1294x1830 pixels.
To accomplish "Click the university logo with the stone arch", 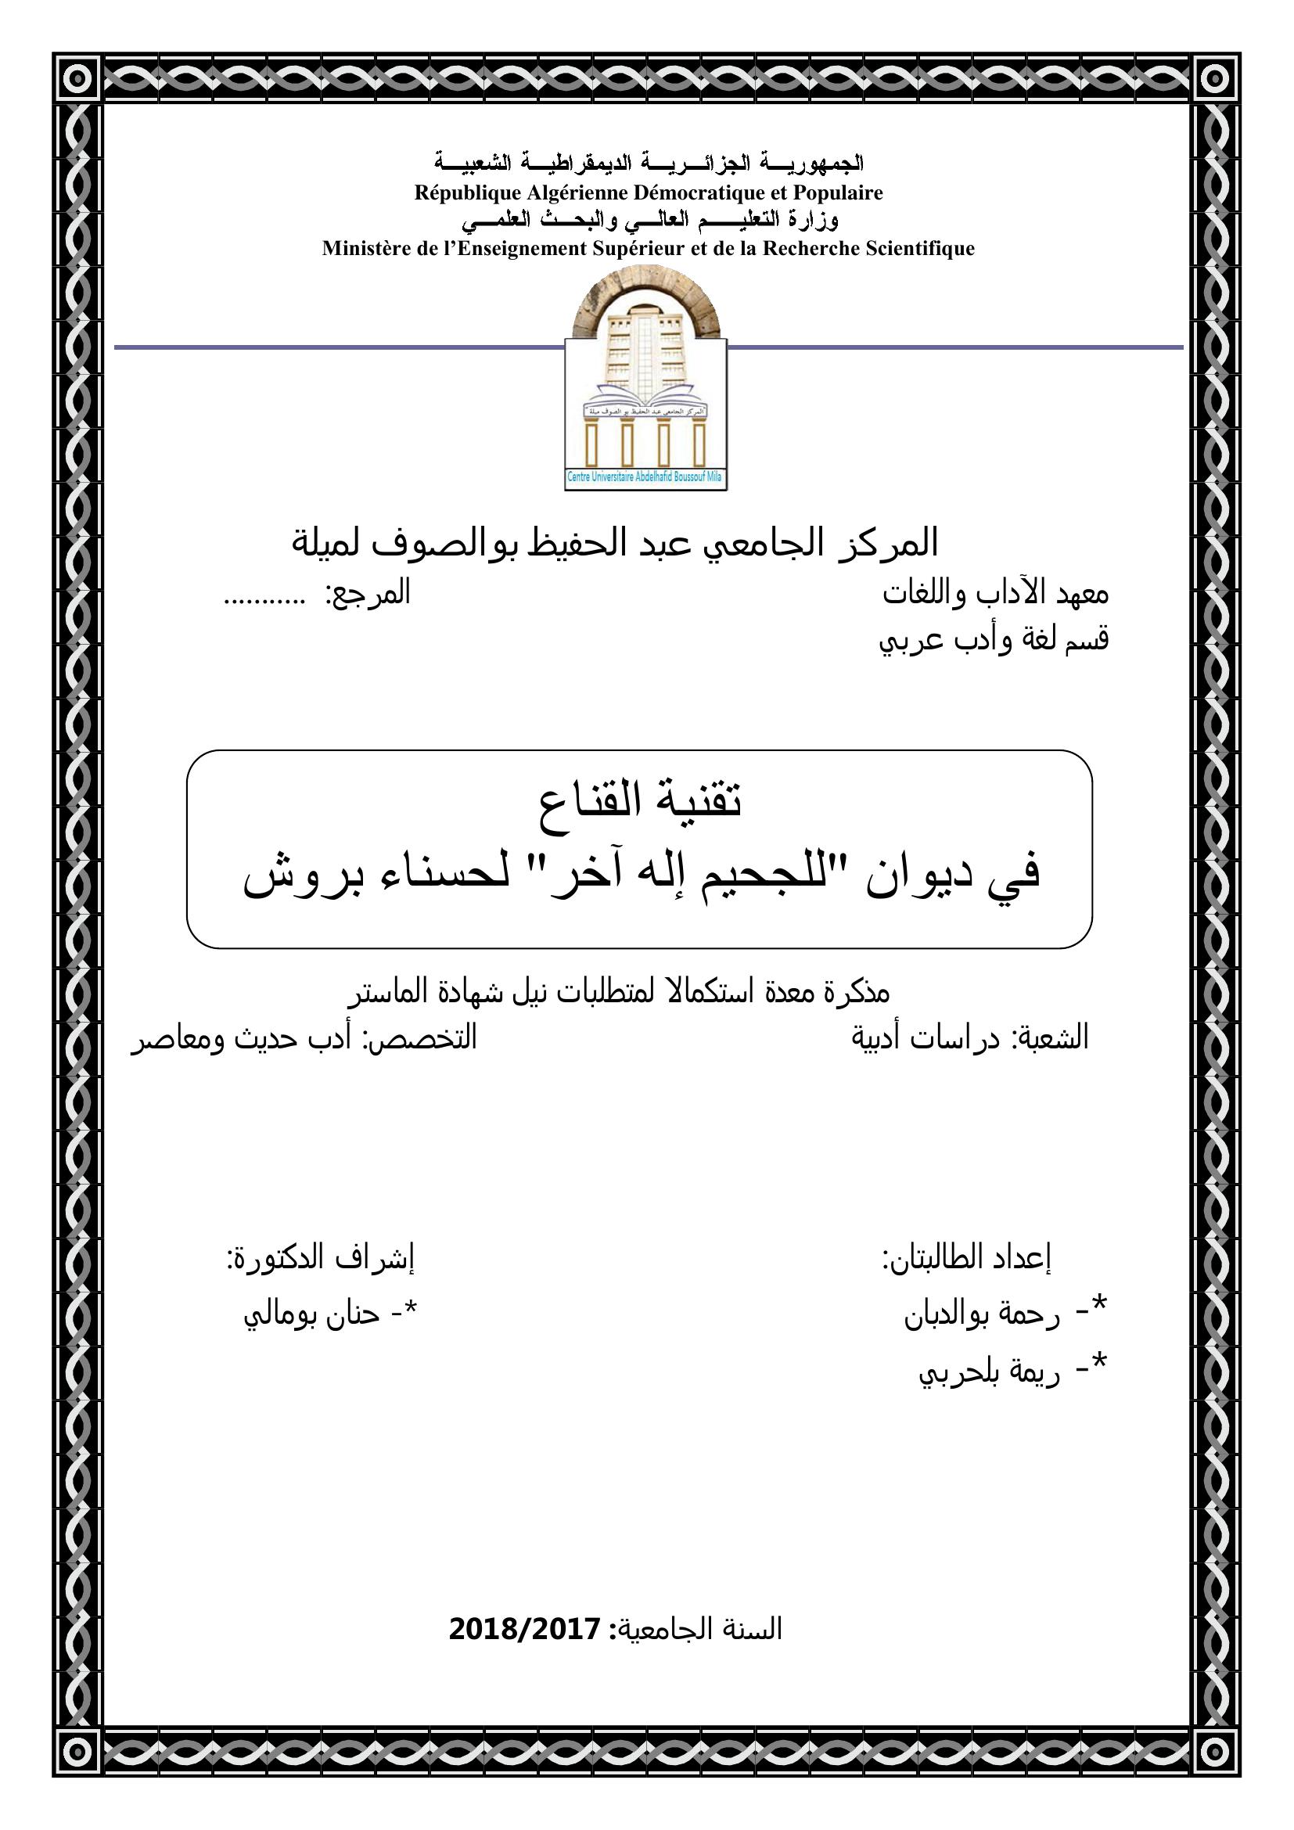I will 646,376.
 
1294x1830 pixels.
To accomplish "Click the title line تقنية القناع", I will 640,801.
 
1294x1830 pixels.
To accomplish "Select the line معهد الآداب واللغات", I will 995,595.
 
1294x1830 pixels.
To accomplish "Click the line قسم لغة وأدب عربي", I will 994,640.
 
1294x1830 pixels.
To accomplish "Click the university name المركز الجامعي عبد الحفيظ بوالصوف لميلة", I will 615,544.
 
